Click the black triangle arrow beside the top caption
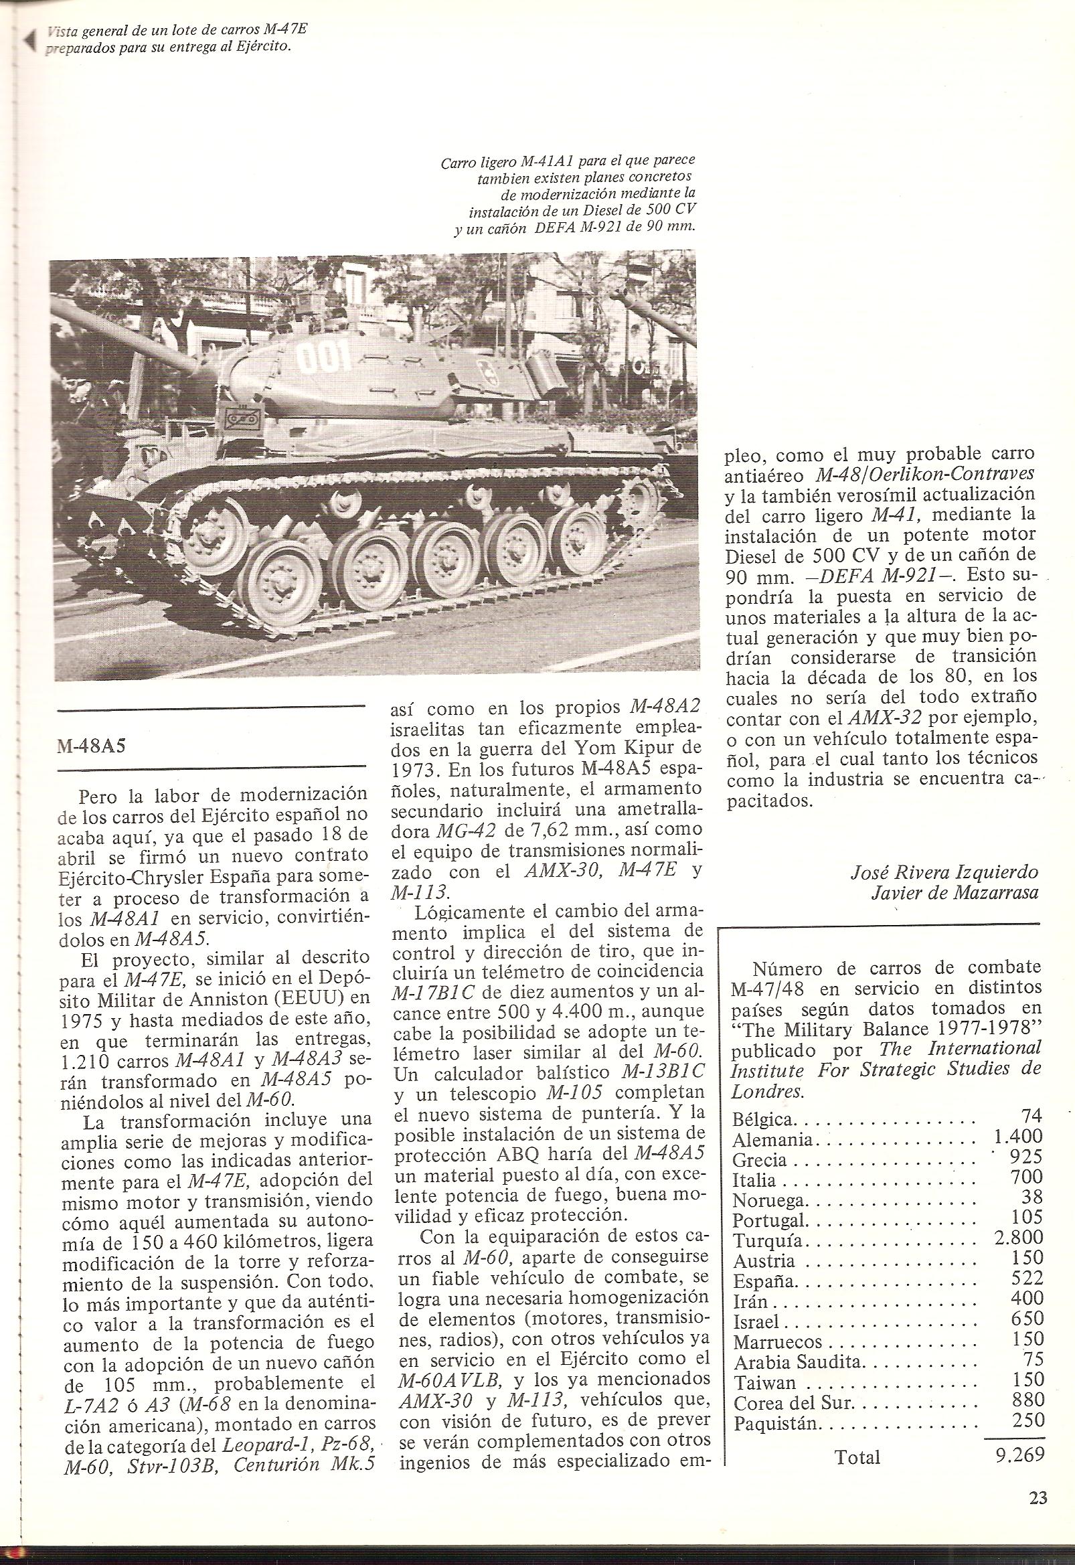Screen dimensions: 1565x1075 tap(29, 41)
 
